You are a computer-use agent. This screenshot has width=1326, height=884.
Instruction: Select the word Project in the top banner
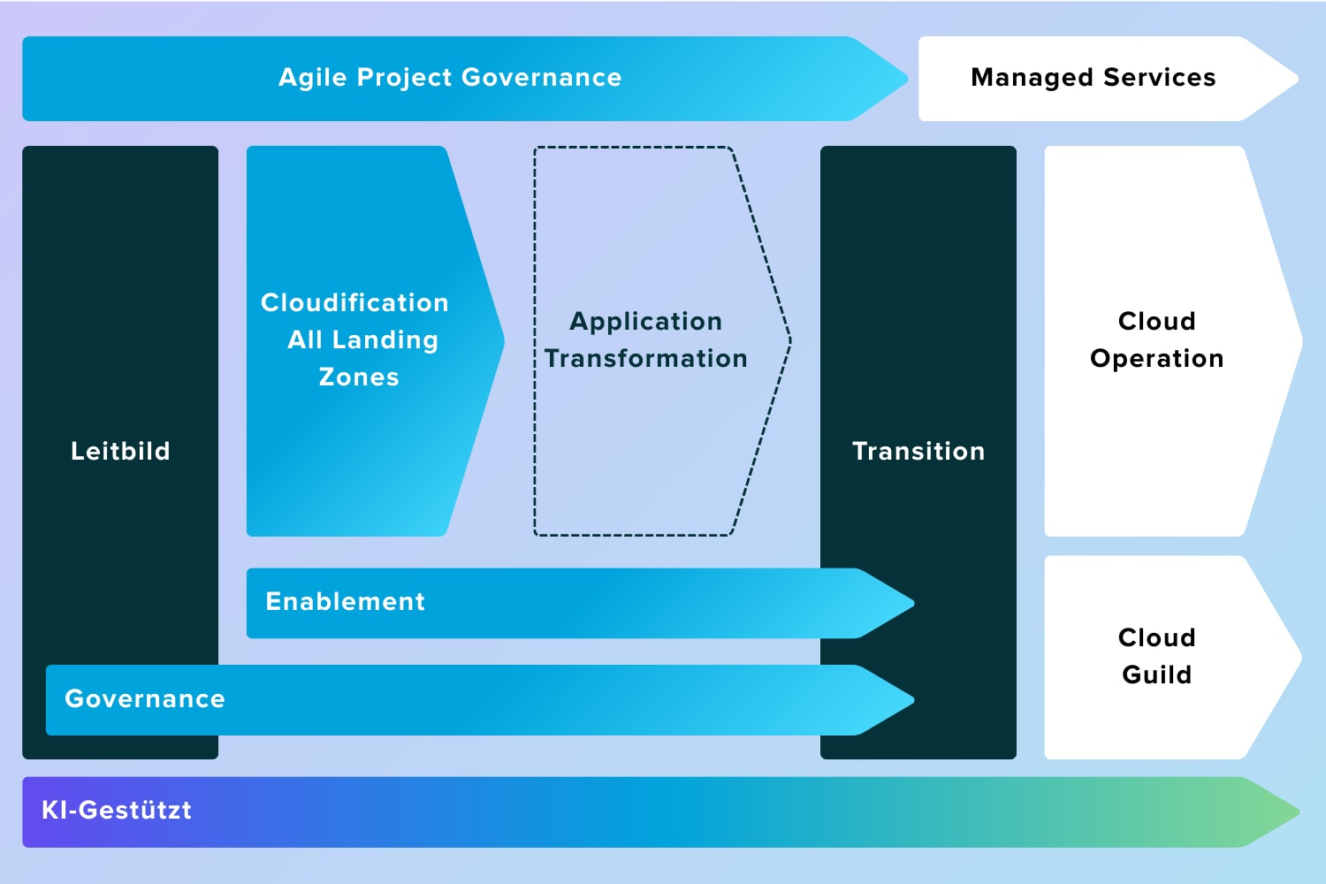[x=404, y=78]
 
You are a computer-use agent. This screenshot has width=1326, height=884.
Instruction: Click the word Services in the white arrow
[x=1160, y=78]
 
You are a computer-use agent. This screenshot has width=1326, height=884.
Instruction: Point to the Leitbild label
[x=121, y=451]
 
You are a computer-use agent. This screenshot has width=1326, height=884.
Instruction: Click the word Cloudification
[x=354, y=302]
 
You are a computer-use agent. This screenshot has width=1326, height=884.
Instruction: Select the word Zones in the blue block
[x=359, y=377]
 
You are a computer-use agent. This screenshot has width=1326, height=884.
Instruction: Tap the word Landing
[x=385, y=340]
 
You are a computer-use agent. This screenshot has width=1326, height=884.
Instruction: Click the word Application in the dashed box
[x=646, y=322]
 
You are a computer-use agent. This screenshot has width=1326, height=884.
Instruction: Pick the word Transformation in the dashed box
[x=646, y=359]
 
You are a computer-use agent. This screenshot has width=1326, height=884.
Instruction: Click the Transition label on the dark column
[x=918, y=451]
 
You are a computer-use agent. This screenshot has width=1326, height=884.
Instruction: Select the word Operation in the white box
[x=1156, y=359]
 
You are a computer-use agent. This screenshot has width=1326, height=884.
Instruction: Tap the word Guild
[x=1156, y=675]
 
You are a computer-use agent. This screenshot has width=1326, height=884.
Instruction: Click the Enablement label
[x=345, y=602]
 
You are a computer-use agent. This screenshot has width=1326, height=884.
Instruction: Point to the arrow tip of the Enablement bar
[x=913, y=604]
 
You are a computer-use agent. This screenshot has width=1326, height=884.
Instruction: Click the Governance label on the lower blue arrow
[x=145, y=699]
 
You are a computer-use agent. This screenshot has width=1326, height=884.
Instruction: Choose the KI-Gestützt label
[x=117, y=810]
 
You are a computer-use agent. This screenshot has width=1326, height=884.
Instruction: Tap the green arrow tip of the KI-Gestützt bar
[x=1299, y=812]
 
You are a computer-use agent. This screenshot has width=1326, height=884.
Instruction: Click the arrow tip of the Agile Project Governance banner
[x=907, y=79]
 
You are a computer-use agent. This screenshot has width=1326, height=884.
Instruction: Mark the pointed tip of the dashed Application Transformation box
[x=790, y=340]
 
